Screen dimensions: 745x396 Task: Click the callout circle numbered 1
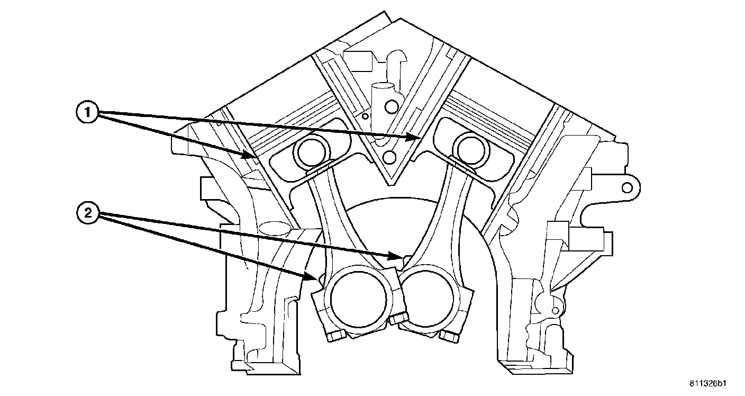(87, 113)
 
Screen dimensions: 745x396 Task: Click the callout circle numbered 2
(88, 213)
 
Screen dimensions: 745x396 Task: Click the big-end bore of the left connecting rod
(358, 299)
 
